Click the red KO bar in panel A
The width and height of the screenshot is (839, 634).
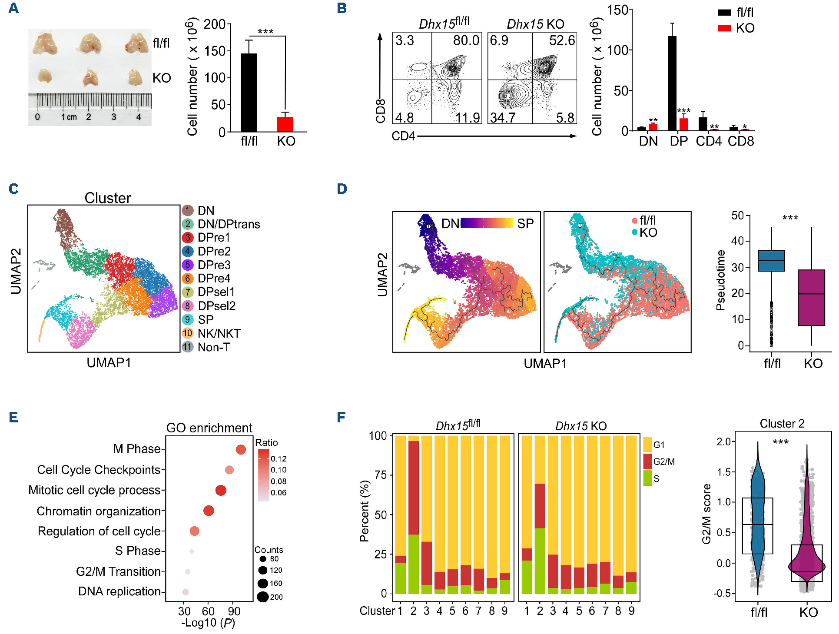285,124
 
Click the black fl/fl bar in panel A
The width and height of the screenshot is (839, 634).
249,93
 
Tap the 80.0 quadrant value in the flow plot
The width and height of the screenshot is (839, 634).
466,40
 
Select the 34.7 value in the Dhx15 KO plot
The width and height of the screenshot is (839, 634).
503,118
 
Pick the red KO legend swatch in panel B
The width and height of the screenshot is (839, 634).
724,28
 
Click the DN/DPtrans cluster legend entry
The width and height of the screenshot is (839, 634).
229,224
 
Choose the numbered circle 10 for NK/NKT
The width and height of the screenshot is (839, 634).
188,333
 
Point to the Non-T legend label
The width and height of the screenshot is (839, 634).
214,347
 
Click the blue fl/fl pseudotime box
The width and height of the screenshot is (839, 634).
771,261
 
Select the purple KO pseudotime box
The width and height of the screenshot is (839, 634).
811,298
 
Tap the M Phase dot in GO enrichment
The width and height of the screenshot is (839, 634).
241,449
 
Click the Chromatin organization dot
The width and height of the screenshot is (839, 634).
209,511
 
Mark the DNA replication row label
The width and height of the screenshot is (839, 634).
119,591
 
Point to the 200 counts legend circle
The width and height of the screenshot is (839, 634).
262,597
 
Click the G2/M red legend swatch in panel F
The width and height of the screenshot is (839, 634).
647,461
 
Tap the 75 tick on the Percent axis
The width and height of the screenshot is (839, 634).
381,475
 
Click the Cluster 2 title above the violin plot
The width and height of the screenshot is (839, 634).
782,424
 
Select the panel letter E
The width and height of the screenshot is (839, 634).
13,418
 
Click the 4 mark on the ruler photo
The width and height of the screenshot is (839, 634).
139,117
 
